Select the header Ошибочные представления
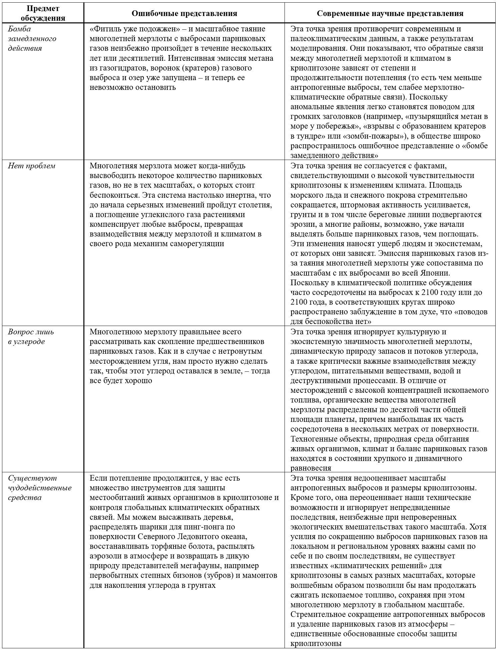(184, 13)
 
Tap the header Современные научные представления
(390, 13)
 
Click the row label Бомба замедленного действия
(32, 38)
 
